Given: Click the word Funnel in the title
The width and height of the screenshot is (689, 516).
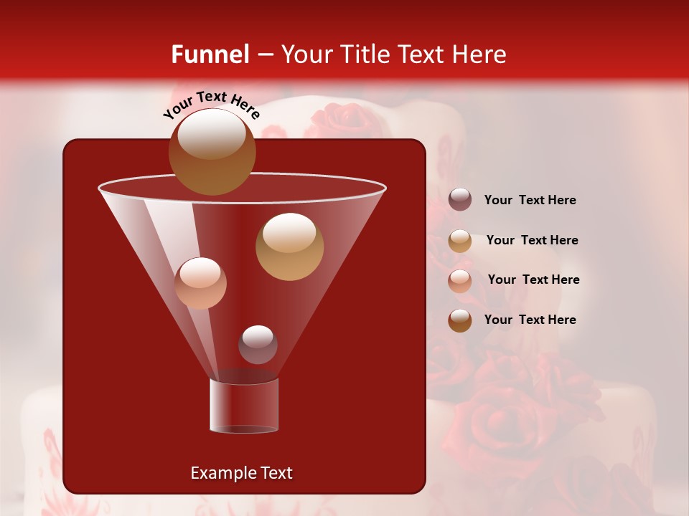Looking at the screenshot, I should pos(210,54).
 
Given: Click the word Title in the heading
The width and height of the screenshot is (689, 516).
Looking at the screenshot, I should pos(365,54).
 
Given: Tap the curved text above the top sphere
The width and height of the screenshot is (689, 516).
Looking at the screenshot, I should pos(211,105).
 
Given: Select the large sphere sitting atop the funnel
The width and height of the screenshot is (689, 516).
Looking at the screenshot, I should pos(212,151).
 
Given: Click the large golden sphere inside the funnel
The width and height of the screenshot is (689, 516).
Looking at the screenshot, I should pos(289,247).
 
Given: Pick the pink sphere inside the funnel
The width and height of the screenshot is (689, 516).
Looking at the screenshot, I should pos(200,283).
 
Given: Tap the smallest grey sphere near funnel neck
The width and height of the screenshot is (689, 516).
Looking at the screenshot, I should pos(258,345).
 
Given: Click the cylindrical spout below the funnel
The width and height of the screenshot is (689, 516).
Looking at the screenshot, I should pos(244,406).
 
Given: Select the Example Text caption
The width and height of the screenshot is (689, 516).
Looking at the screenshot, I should pos(241,473).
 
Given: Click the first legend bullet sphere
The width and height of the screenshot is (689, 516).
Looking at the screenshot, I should pos(460,200).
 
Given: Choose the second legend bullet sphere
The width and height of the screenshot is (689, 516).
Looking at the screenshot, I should pos(460,241).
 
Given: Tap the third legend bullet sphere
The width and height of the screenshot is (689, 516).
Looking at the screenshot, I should pos(460,280).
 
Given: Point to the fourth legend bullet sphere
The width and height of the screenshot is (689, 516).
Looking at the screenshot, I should pos(460,320).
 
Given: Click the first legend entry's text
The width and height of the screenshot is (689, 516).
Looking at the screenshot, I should pos(530,201).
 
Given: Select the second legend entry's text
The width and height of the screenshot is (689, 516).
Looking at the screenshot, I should pos(532,241).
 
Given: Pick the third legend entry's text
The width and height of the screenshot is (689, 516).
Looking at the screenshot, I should pos(533,280).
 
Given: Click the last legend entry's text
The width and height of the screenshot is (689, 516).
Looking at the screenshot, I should pos(530,320).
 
